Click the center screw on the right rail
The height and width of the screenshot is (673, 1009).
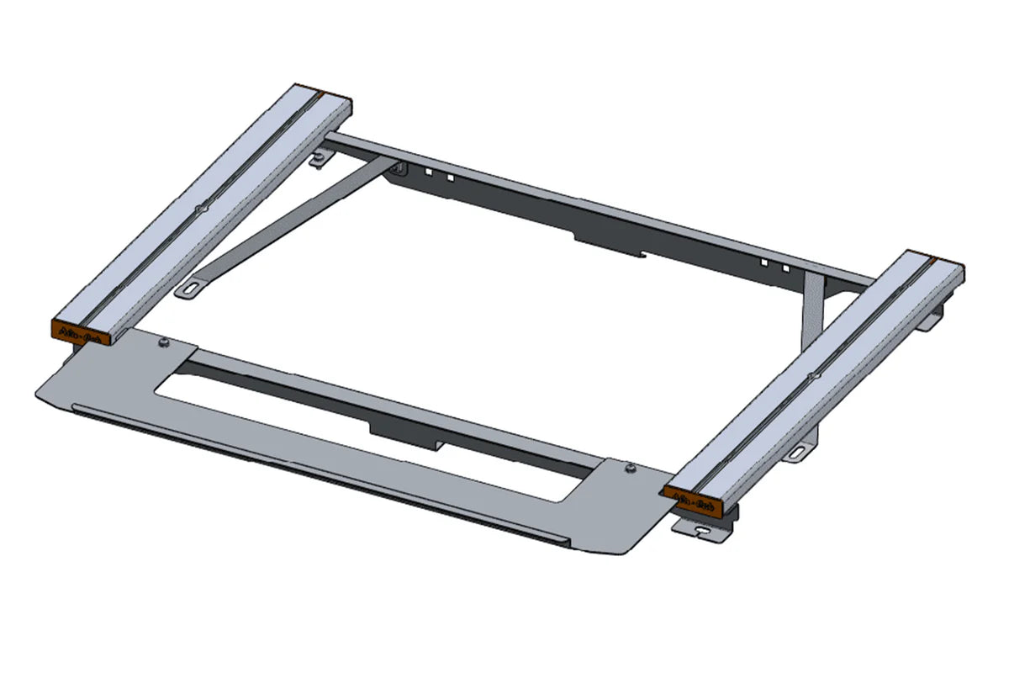(x=810, y=375)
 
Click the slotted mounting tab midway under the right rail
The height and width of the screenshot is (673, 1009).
(x=799, y=453)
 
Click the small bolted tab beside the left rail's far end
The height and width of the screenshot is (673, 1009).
(x=319, y=161)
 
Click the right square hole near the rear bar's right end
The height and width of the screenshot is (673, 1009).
(x=785, y=268)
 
